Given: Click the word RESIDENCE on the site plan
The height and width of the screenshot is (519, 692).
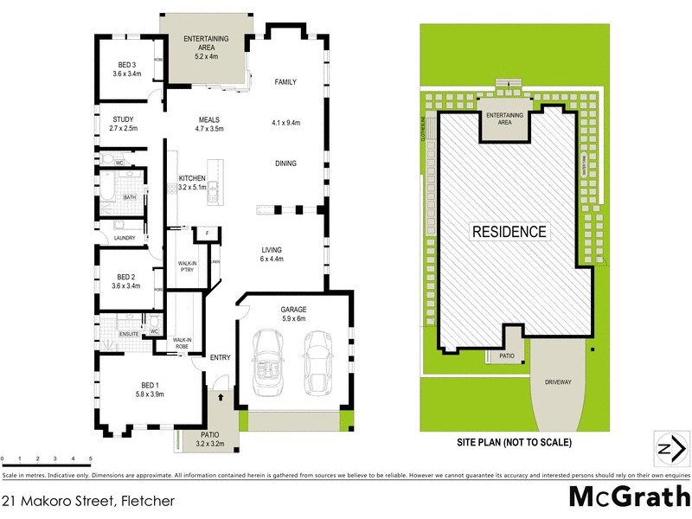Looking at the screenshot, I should coord(509,232).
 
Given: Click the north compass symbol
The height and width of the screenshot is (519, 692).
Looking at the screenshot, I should coord(665,448).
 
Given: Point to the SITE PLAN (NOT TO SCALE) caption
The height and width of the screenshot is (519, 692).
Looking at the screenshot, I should coord(514,443).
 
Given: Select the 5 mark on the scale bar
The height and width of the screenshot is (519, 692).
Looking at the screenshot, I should coord(90,459).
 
